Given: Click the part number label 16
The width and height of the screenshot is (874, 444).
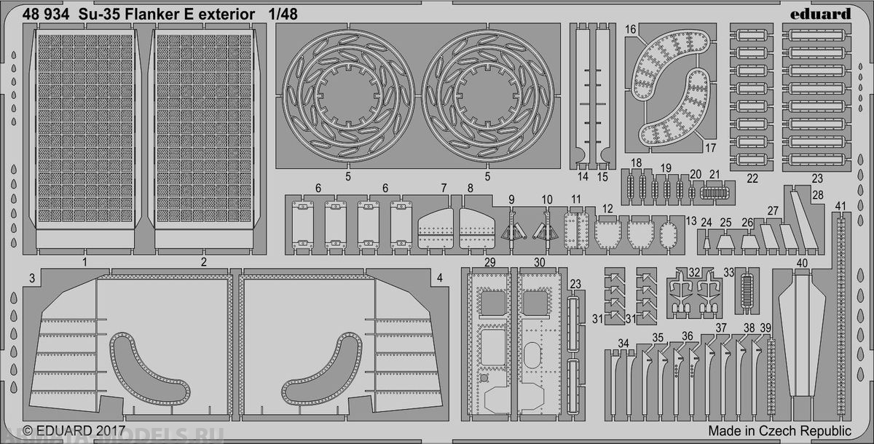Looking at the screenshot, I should click(x=631, y=29).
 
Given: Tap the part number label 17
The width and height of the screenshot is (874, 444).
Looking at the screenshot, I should click(x=711, y=147).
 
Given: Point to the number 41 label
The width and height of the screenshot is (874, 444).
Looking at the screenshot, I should click(x=841, y=205).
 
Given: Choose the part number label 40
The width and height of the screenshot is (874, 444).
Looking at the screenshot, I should click(x=803, y=263).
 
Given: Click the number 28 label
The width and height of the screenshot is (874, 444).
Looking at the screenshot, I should click(x=817, y=195).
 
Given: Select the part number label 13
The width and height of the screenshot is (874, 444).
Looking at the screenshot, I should click(x=691, y=221).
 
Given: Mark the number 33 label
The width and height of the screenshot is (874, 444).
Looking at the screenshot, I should click(x=729, y=273).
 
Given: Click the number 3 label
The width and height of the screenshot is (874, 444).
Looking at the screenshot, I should click(x=32, y=278).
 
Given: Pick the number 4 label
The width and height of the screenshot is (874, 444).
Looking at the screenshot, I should click(x=439, y=278).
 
